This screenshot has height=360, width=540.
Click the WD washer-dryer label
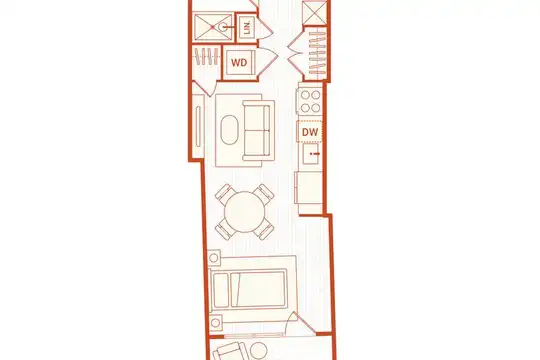pyautogui.click(x=239, y=63)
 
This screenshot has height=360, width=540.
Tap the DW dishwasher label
pyautogui.click(x=310, y=132)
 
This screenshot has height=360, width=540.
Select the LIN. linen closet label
pyautogui.click(x=247, y=27)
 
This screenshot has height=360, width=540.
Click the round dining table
pyautogui.click(x=245, y=212)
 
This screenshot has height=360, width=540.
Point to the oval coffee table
pyautogui.click(x=229, y=130)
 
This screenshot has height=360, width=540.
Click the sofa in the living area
pyautogui.click(x=259, y=130)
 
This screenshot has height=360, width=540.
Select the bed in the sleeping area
pyautogui.click(x=248, y=289)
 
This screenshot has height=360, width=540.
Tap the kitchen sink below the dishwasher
pyautogui.click(x=312, y=154)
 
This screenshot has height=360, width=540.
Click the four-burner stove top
pyautogui.click(x=310, y=101)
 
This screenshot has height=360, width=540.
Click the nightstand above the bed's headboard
pyautogui.click(x=214, y=257)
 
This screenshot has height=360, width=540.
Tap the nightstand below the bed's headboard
pyautogui.click(x=216, y=323)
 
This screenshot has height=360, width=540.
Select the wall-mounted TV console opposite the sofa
pyautogui.click(x=198, y=126)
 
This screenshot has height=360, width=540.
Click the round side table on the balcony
pyautogui.click(x=259, y=351)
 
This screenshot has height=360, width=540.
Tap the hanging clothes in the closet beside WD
pyautogui.click(x=207, y=56)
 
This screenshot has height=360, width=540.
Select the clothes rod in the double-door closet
pyautogui.click(x=317, y=53)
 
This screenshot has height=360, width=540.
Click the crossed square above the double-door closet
pyautogui.click(x=314, y=13)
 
